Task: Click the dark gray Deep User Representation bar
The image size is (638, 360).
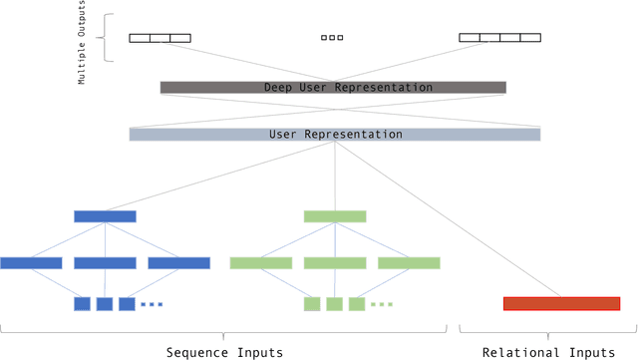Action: [x=333, y=88]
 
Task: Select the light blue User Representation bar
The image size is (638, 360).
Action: [x=334, y=134]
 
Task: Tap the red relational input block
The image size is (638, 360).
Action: [x=561, y=303]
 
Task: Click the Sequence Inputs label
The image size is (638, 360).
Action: [x=223, y=352]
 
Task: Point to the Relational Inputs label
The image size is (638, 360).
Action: [x=548, y=352]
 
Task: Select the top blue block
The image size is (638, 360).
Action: [x=105, y=216]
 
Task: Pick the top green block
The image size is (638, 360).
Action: [x=335, y=216]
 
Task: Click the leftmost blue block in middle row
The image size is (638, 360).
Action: [x=31, y=263]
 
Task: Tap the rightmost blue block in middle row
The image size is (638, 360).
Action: [x=179, y=263]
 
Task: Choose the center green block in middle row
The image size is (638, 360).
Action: [x=335, y=263]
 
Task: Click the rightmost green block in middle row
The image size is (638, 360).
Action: [x=409, y=263]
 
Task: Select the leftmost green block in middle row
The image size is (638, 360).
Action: [x=260, y=263]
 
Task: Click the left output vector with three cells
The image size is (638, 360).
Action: [x=159, y=38]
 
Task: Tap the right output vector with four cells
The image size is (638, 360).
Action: [x=499, y=38]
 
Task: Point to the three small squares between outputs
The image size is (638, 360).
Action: [x=332, y=38]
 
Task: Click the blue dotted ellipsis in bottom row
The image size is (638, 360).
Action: [x=152, y=303]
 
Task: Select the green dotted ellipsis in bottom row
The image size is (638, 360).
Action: [x=382, y=303]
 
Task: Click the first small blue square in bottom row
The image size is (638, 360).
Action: [x=82, y=303]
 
